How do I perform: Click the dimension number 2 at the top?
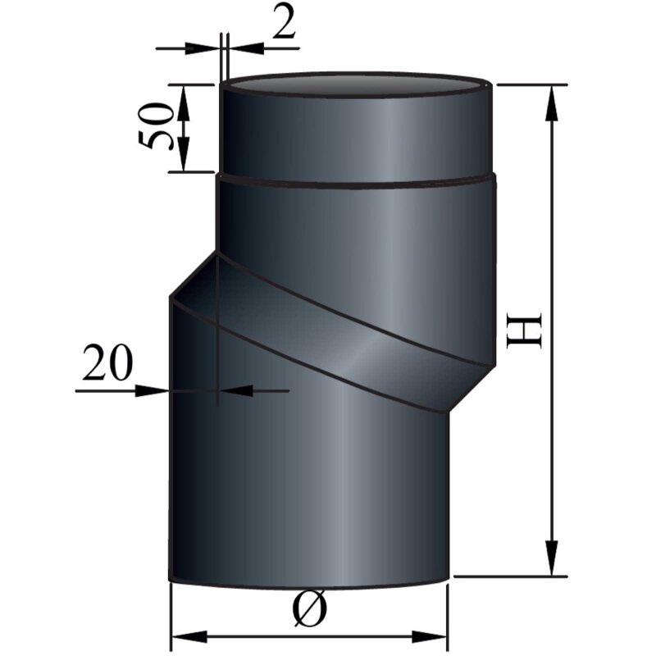point(284,25)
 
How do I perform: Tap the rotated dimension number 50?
point(155,126)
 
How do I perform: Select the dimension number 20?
point(106,366)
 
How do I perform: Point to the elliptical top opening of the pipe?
point(358,85)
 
